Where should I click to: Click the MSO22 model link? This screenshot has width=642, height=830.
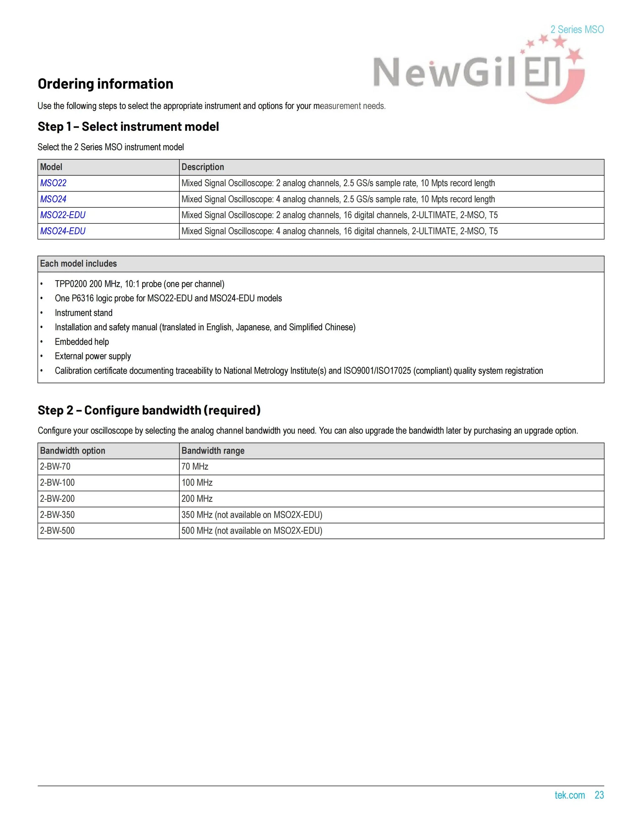pos(53,183)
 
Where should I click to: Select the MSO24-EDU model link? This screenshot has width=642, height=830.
pos(63,231)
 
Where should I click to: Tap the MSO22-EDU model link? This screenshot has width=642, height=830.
pos(63,215)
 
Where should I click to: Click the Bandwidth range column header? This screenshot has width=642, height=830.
pos(213,451)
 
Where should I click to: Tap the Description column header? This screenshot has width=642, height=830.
pos(203,167)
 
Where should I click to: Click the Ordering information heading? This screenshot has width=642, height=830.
pos(105,84)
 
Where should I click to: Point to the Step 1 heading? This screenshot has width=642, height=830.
pos(128,127)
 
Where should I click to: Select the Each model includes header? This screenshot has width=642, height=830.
pos(78,264)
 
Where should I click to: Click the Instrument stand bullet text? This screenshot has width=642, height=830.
pos(84,313)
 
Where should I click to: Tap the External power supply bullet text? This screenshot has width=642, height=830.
pos(93,356)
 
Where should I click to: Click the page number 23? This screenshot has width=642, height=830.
pos(599,795)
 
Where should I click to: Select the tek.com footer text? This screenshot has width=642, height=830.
pos(569,795)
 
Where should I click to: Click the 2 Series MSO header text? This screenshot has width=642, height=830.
pos(577,30)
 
